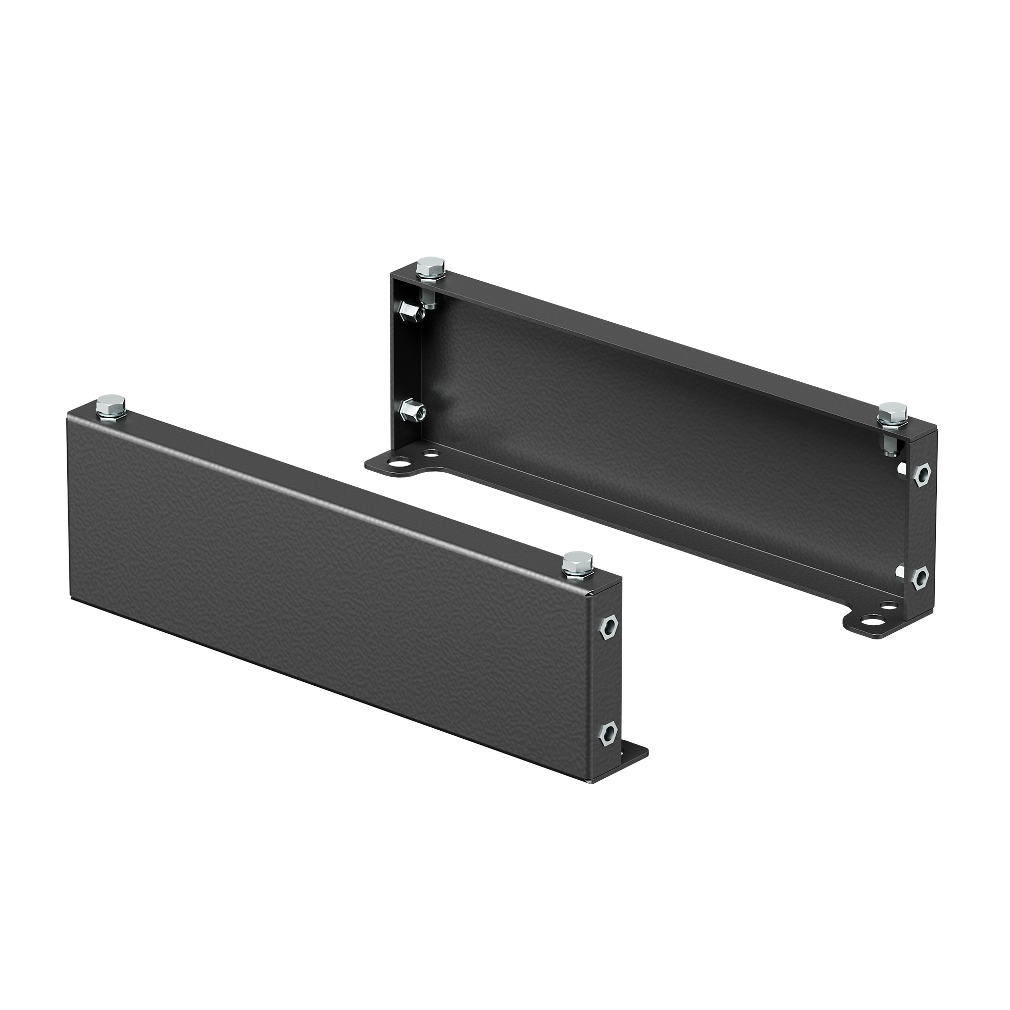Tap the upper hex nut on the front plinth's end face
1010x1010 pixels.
pyautogui.click(x=608, y=627)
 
